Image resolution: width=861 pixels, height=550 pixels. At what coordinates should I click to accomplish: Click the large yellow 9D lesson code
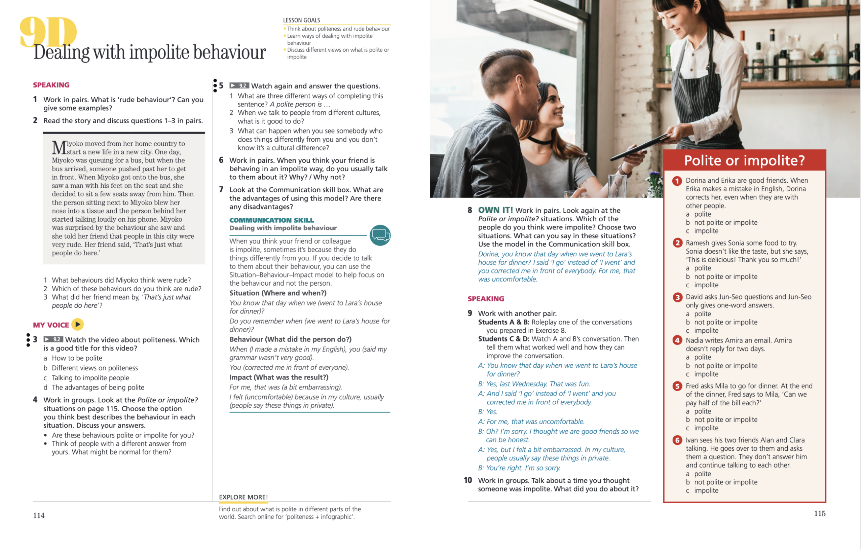(48, 32)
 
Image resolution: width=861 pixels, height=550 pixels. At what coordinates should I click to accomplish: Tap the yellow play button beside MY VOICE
(78, 324)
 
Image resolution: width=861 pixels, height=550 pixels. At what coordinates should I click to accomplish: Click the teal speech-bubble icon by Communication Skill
(380, 235)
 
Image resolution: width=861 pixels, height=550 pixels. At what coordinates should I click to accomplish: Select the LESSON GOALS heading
(301, 21)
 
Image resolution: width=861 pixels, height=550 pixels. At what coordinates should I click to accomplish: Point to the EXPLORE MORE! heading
(243, 497)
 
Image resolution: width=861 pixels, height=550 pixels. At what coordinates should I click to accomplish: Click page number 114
(39, 515)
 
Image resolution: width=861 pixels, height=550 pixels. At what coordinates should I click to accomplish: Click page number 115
(820, 514)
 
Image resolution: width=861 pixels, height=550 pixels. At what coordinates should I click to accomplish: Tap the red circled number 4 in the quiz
(677, 340)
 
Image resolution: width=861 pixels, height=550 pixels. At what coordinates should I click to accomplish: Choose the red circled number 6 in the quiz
(677, 440)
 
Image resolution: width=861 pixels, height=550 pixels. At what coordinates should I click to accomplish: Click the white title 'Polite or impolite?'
(744, 160)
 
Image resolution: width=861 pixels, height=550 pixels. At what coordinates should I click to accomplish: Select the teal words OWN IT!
(495, 210)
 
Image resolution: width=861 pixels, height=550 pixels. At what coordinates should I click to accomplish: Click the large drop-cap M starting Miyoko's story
(59, 147)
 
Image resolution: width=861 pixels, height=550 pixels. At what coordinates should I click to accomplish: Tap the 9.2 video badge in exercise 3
(53, 339)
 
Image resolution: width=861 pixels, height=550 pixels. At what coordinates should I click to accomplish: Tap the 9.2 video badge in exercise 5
(239, 85)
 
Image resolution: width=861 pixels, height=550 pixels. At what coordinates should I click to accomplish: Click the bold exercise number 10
(468, 480)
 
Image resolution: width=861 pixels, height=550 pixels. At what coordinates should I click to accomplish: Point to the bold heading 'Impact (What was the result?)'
(278, 377)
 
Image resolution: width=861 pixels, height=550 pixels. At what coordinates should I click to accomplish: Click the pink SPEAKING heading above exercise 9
(486, 299)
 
